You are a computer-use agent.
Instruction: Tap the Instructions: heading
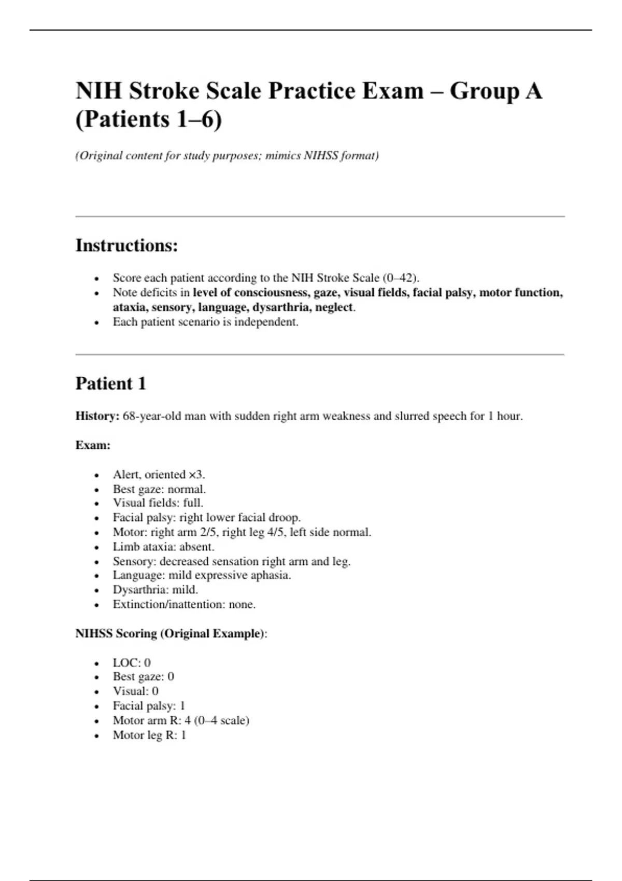(126, 245)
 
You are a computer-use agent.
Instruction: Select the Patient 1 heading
(111, 383)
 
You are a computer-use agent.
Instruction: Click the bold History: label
(97, 416)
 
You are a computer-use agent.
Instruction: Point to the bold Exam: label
(93, 445)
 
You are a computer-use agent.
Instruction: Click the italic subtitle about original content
(227, 155)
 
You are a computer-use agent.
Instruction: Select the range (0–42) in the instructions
(400, 278)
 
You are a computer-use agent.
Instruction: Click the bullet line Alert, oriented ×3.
(159, 475)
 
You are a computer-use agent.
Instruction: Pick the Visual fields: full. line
(158, 503)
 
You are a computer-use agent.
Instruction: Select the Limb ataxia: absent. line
(163, 547)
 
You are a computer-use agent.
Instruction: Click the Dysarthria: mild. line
(155, 590)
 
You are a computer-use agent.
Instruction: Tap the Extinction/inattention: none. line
(184, 604)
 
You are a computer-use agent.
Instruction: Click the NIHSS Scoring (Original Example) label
(170, 633)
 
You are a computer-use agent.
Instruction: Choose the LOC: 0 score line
(132, 663)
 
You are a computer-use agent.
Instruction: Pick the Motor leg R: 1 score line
(149, 735)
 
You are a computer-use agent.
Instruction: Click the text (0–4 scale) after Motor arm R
(221, 720)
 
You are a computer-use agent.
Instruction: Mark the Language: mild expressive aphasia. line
(202, 575)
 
